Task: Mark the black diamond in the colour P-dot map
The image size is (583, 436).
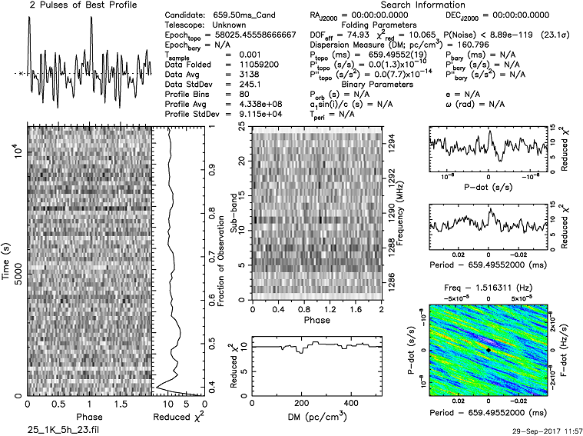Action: click(488, 350)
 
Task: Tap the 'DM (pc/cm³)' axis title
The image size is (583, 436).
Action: click(317, 418)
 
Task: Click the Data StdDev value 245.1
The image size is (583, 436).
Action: click(234, 85)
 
